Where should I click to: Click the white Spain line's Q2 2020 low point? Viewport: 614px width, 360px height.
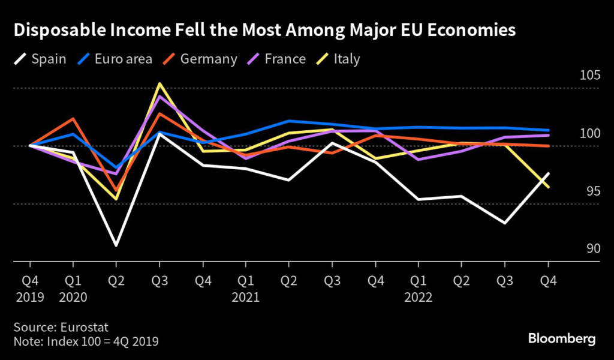116,245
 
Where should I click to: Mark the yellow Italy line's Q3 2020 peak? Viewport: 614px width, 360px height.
159,84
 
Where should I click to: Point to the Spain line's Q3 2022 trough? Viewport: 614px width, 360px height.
505,223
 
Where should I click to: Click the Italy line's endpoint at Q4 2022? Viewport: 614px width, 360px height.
548,187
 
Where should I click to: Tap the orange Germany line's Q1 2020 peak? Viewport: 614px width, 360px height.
73,119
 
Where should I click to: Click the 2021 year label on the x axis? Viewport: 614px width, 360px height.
245,297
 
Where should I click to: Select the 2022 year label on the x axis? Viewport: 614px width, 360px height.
418,297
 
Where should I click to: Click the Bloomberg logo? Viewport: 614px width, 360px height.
562,339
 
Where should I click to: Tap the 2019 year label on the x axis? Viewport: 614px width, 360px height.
29,297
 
